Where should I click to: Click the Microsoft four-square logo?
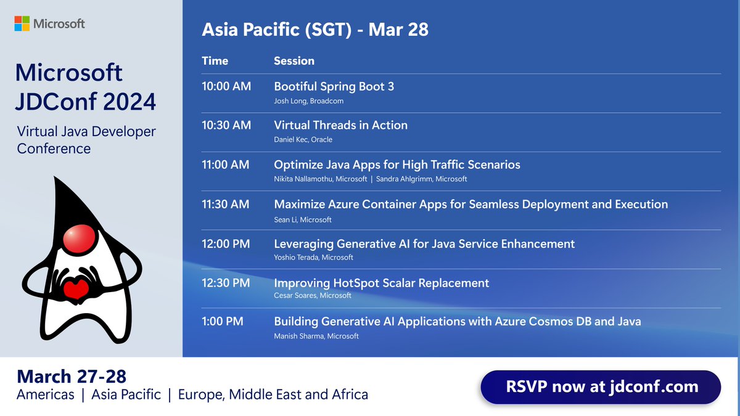[22, 24]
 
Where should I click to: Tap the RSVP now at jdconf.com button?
[601, 387]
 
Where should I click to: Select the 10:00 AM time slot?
[226, 86]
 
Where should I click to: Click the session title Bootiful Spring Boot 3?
[334, 86]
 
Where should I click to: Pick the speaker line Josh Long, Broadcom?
[308, 101]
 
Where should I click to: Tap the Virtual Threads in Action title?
[340, 125]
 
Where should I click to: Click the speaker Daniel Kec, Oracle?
[303, 140]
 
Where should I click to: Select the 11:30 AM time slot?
[226, 204]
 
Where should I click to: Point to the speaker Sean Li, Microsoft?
[302, 219]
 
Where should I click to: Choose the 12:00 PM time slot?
[226, 243]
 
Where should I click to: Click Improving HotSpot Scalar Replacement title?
[381, 283]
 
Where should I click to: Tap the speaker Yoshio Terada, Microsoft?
[313, 258]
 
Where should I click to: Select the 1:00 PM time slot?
[223, 321]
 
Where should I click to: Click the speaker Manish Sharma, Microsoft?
[316, 336]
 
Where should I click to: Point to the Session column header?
[294, 61]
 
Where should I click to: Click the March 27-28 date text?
[72, 377]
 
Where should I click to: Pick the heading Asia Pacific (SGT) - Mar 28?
[315, 29]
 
